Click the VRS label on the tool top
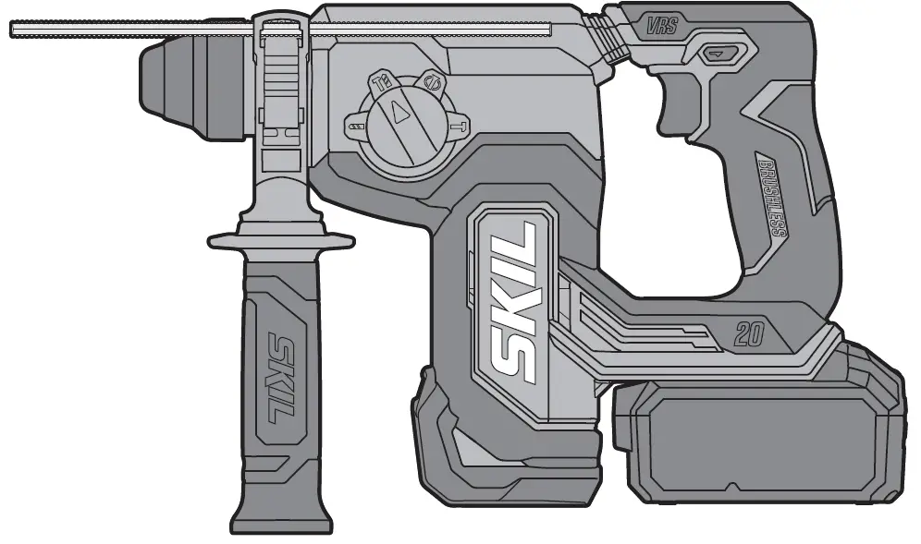pyautogui.click(x=662, y=26)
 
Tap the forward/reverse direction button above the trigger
pyautogui.click(x=717, y=54)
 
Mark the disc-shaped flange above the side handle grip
pyautogui.click(x=280, y=240)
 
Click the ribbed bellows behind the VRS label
pyautogui.click(x=610, y=38)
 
